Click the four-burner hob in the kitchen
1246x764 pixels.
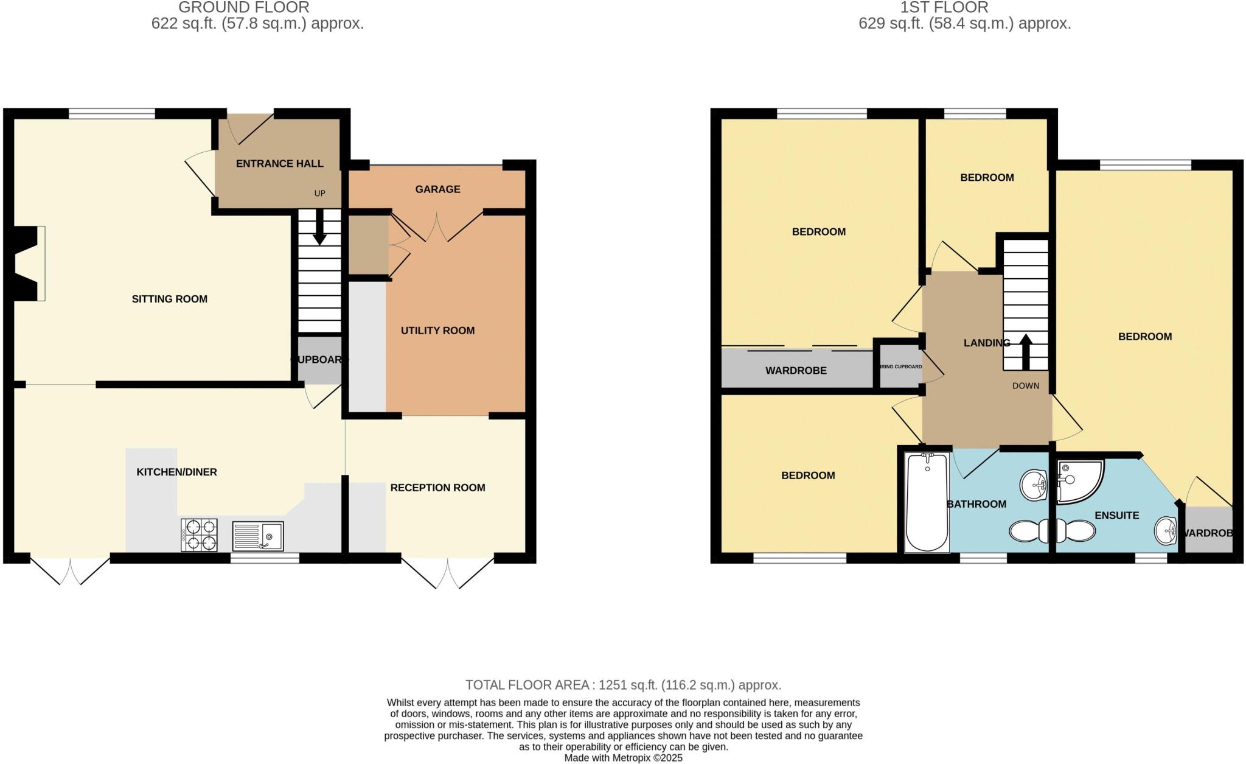199,535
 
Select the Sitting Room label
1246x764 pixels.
169,299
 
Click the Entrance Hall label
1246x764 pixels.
279,164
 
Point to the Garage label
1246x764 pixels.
437,189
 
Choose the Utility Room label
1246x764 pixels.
437,331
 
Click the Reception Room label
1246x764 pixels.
437,488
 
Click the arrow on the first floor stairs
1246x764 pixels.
1026,350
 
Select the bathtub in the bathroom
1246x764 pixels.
927,502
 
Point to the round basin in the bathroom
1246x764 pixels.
1033,485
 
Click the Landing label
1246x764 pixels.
986,343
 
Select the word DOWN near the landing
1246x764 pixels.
1026,386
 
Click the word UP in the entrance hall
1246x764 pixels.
319,194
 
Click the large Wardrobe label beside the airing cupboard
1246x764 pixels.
796,371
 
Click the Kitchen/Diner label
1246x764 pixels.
176,472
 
